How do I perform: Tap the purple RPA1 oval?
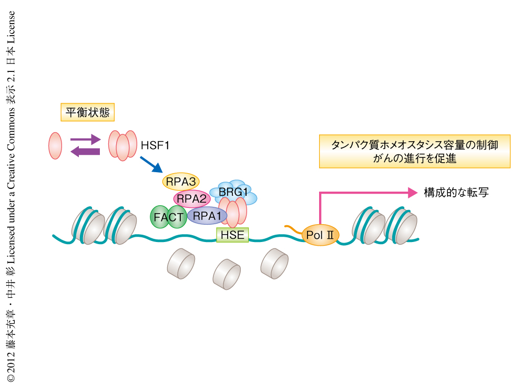206,215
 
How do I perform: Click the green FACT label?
168,217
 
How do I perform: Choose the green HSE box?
232,234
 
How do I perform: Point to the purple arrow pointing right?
85,140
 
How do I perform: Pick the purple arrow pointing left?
85,152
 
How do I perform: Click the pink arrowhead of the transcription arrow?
413,193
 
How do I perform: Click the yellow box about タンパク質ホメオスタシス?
414,151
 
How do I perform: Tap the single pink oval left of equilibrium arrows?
55,145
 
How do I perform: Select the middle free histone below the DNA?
227,273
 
